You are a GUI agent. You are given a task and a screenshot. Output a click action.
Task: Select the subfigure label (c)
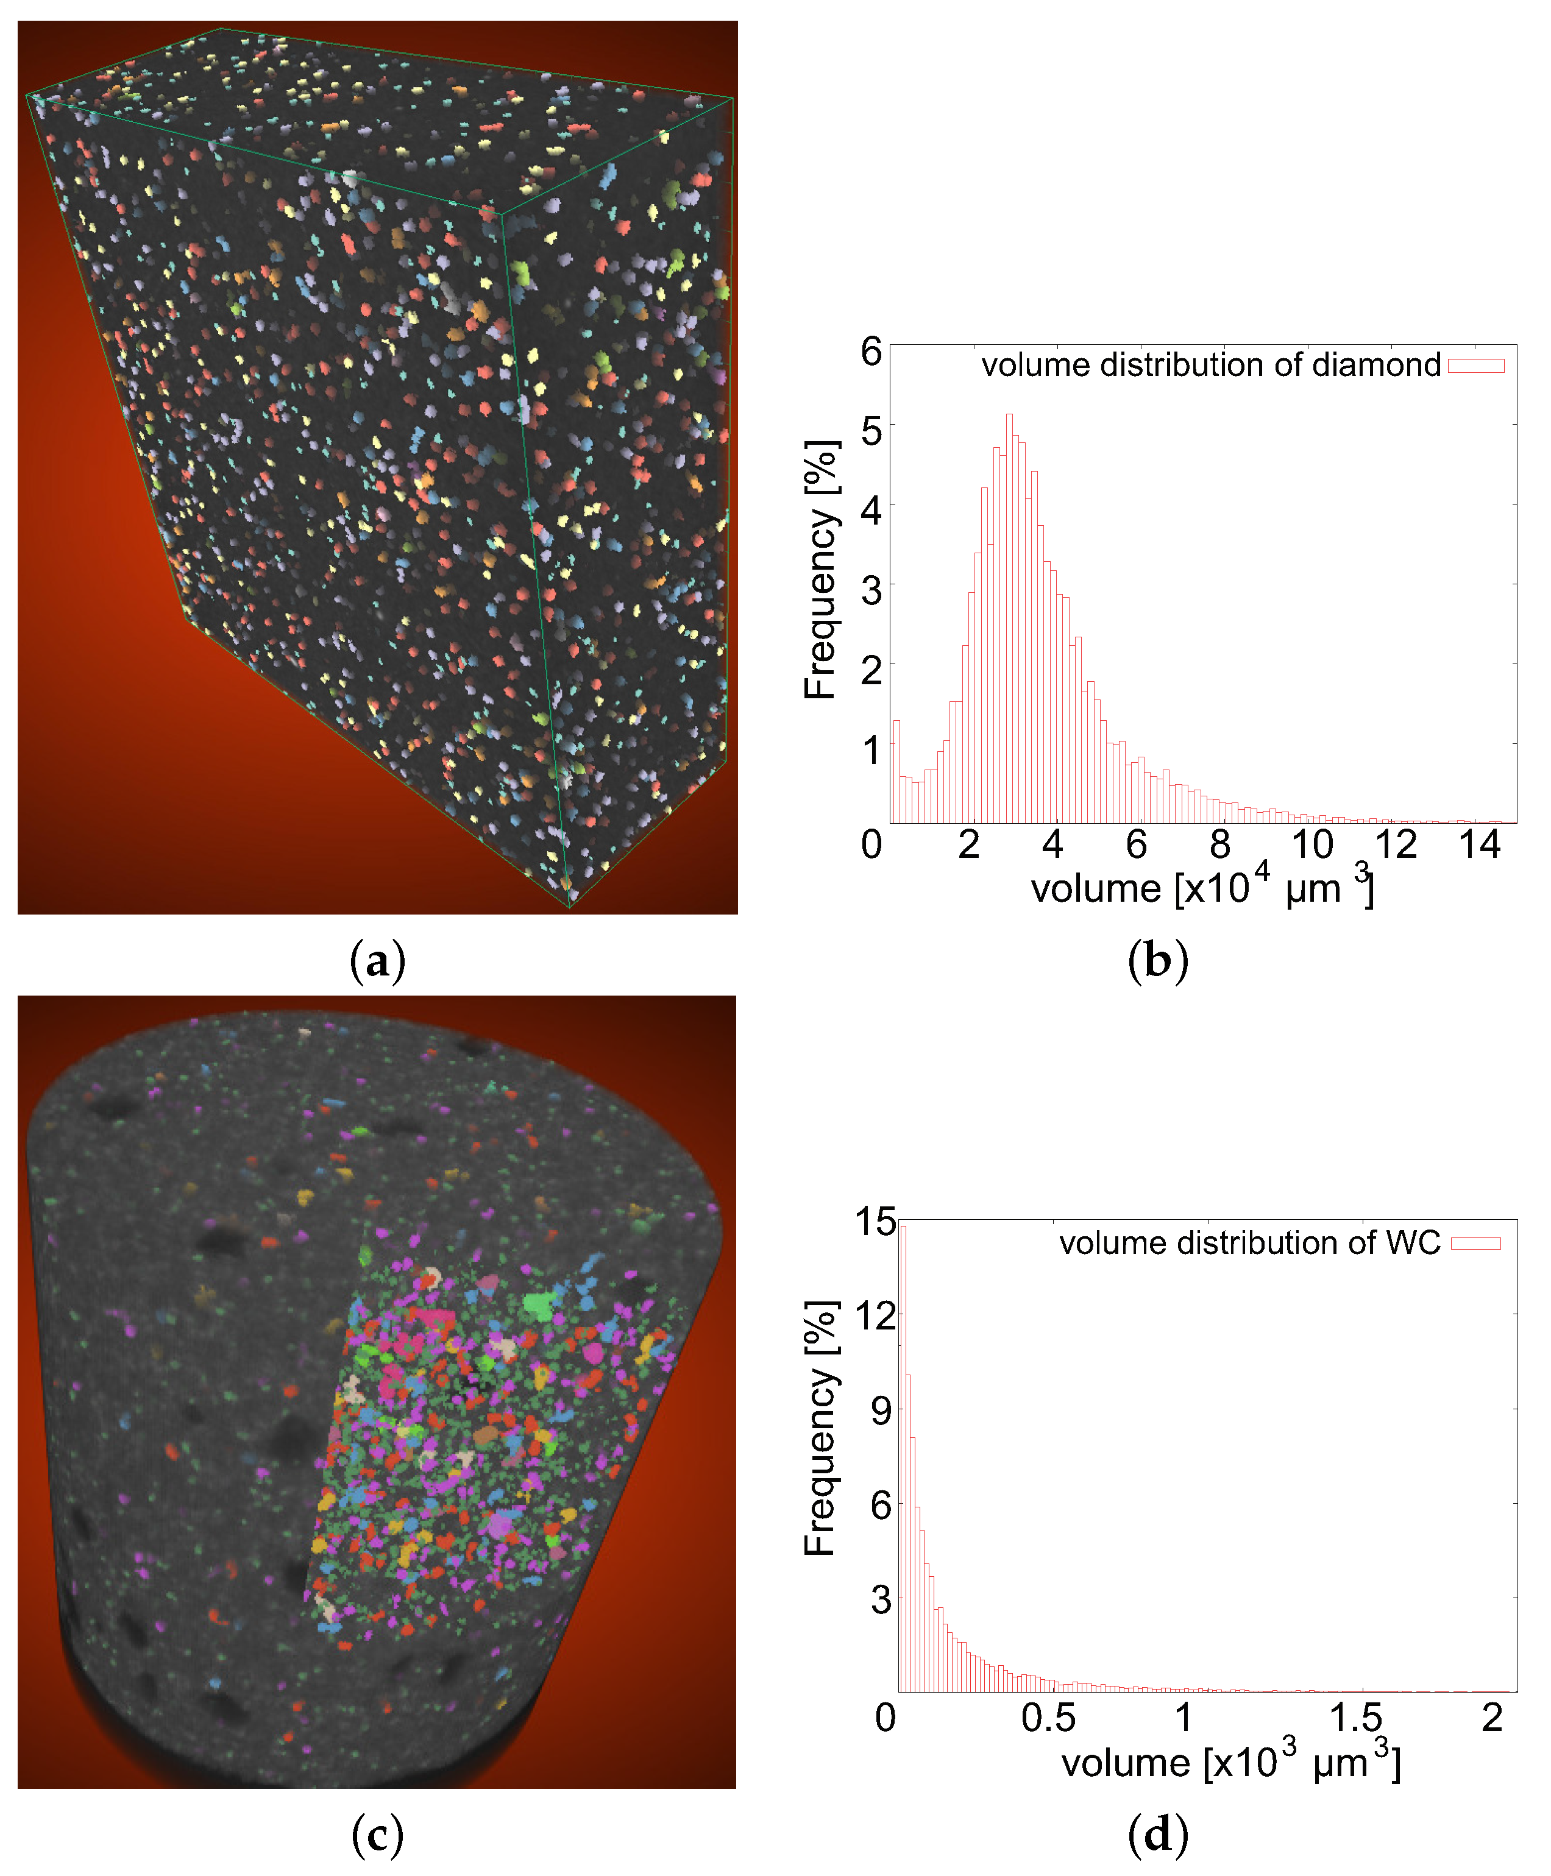pos(378,1836)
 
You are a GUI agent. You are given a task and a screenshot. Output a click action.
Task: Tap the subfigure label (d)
pos(1158,1836)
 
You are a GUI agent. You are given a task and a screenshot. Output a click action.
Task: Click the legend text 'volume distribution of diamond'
pos(1210,366)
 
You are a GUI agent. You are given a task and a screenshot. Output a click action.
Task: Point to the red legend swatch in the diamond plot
pos(1476,366)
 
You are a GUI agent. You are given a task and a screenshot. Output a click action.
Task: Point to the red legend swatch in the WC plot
pos(1476,1244)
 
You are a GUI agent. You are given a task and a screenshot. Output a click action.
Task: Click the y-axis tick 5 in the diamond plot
pos(871,431)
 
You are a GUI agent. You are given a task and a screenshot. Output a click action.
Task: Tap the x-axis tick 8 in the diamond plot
pos(1219,844)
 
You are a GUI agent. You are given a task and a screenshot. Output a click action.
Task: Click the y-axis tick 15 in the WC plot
pos(875,1221)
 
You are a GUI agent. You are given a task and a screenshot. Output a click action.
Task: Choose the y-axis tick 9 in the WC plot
pos(880,1411)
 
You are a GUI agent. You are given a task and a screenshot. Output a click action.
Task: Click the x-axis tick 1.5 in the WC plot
pos(1355,1718)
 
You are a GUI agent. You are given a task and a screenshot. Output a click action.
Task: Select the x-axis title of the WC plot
pos(1230,1763)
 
